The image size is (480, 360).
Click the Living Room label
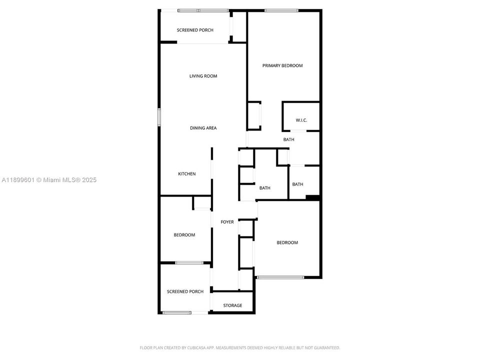[203, 76]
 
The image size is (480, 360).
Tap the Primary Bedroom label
[282, 65]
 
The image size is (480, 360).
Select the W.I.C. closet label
[301, 120]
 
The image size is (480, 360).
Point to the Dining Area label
[203, 128]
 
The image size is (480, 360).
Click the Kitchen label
[187, 174]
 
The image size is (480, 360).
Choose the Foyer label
[227, 222]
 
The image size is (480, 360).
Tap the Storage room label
[232, 305]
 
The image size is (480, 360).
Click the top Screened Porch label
[195, 30]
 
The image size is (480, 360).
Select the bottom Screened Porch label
[185, 291]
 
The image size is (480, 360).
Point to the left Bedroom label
[184, 235]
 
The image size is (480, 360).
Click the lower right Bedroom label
[287, 243]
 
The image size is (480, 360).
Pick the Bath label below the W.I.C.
[288, 139]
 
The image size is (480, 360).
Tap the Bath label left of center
[264, 188]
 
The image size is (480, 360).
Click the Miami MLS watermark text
[49, 180]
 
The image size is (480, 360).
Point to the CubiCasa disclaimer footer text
[239, 347]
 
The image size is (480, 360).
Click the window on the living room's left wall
[160, 117]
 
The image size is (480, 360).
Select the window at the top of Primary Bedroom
[281, 10]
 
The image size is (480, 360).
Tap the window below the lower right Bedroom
[280, 277]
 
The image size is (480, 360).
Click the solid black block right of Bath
[313, 197]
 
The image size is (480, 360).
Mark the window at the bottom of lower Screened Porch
[177, 313]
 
